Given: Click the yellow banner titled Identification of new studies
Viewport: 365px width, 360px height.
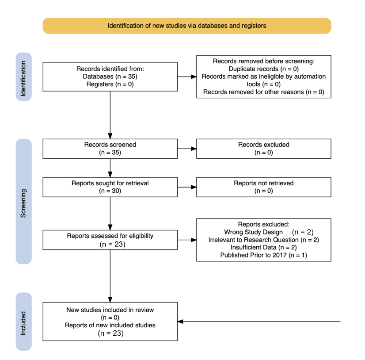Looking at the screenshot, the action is [187, 26].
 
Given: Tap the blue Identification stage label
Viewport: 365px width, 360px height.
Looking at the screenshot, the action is [24, 77].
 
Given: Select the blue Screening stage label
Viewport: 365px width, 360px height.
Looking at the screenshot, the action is [24, 202].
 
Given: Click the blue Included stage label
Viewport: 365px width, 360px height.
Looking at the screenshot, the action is [24, 322].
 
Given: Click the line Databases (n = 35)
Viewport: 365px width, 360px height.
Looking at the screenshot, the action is [110, 77].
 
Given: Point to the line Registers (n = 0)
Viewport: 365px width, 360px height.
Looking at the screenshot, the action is [110, 84].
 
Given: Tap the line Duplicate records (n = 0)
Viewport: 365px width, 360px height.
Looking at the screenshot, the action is [264, 69].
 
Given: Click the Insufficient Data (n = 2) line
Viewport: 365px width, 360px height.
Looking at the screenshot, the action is [264, 247].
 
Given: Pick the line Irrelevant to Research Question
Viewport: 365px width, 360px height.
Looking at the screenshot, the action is [254, 240].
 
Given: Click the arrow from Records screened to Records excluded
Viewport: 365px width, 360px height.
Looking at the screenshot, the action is [187, 149].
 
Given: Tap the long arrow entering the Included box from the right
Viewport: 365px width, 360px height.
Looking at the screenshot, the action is [259, 322].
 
